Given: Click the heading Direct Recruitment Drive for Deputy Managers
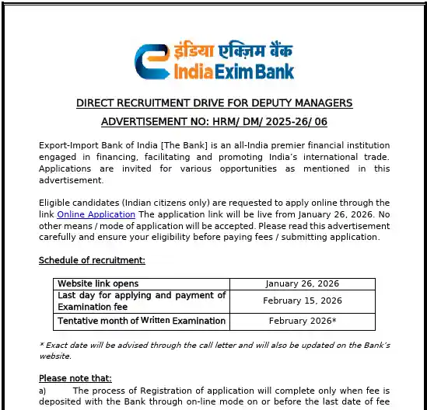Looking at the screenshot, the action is point(214,103).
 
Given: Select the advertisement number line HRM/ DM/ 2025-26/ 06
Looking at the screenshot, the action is point(214,122).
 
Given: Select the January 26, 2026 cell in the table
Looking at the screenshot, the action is point(302,284).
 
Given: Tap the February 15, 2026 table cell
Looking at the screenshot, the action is point(302,301).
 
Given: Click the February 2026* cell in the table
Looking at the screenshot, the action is point(302,321).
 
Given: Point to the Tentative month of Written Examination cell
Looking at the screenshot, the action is point(141,321).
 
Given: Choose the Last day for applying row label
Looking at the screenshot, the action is point(141,301).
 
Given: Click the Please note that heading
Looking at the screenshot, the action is point(75,378).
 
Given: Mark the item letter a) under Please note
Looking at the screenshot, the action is point(43,391).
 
